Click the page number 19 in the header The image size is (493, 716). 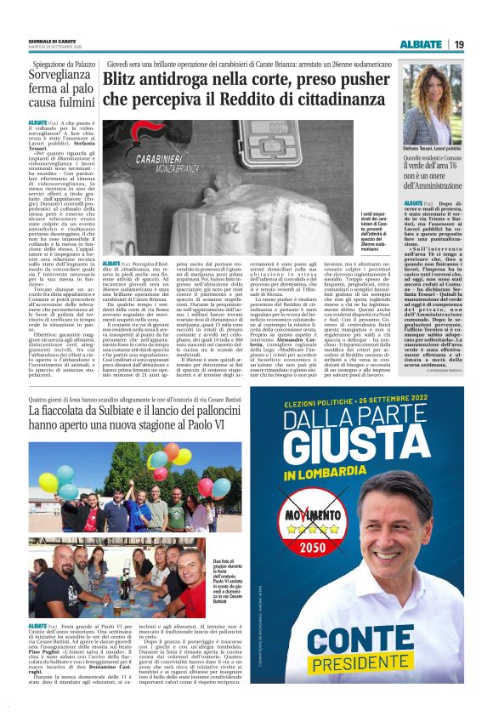click(459, 44)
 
